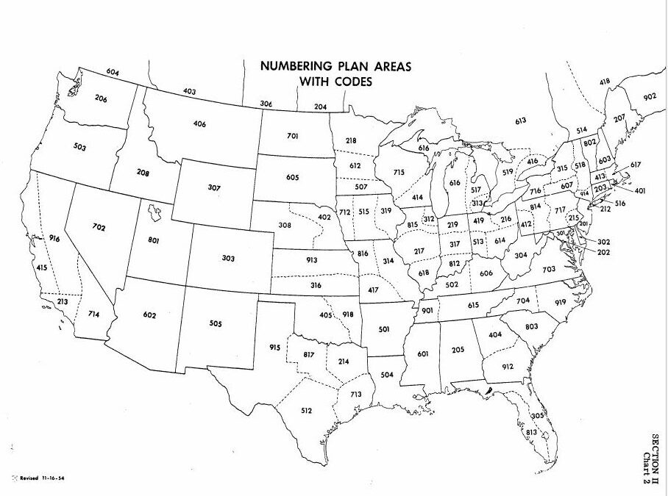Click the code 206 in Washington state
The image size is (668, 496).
pos(100,98)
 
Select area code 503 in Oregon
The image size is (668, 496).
pos(79,147)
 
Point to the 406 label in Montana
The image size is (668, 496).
pos(199,123)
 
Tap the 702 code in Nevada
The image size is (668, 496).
pos(99,227)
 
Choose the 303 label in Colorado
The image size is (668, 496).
pos(228,258)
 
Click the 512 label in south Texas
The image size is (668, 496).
pos(307,410)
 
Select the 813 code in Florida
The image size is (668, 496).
pos(531,432)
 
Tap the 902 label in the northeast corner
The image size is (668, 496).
pos(649,97)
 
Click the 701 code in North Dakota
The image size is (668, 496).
pos(293,136)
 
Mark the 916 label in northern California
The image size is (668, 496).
pos(54,238)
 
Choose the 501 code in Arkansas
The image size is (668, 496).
pos(383,329)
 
